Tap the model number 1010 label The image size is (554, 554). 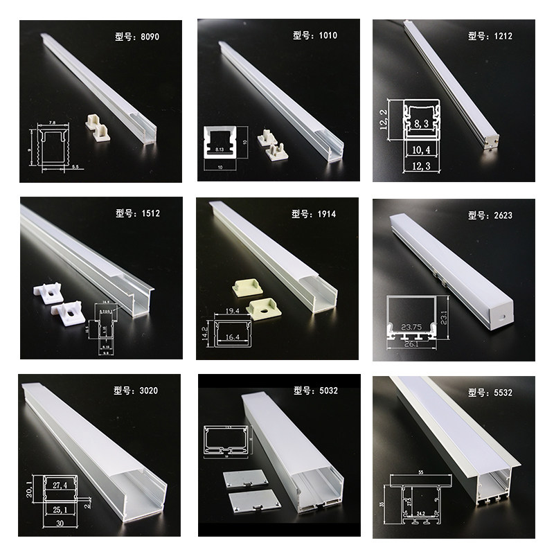pos(314,35)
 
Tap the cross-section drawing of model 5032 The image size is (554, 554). pos(225,444)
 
